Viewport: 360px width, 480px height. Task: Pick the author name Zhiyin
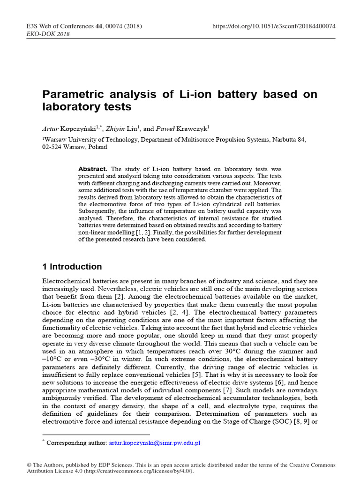(x=115, y=127)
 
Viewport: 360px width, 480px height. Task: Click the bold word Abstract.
(x=93, y=169)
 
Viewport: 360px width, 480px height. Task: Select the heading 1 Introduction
(x=72, y=267)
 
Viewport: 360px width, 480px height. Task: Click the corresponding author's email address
(x=154, y=442)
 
